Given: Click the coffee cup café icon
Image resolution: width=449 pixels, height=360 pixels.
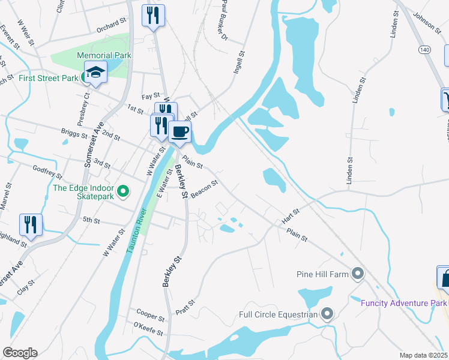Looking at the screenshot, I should tap(179, 131).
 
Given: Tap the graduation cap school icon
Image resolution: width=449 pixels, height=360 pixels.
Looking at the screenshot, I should tap(95, 73).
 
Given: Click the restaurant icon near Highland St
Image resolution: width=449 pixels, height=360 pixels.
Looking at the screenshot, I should tap(30, 224).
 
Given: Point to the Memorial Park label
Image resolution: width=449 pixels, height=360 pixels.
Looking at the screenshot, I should tap(104, 55).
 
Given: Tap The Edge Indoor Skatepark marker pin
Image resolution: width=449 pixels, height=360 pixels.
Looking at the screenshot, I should tap(123, 192).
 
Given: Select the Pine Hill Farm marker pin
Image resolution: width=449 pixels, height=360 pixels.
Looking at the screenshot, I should tap(358, 275).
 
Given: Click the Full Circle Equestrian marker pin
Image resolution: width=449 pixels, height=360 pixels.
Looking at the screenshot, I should tap(327, 314).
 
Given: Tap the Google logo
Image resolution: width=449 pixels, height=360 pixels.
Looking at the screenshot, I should tap(20, 353).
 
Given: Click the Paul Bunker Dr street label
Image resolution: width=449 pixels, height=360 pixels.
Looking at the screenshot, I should tap(224, 21).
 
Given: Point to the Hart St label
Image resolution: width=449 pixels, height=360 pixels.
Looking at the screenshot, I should tap(291, 217).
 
